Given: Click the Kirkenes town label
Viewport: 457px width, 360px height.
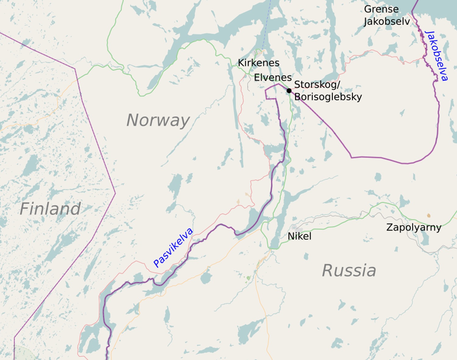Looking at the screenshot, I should coord(258,63).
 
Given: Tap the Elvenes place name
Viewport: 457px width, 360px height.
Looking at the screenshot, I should coord(273,78).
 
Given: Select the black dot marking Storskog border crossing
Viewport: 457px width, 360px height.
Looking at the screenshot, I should coord(289,91).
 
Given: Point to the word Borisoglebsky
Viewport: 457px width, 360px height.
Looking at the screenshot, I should coord(328,97).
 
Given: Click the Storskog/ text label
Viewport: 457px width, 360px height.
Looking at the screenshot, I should coord(317,84).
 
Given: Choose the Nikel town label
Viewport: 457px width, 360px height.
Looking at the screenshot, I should coord(299,236).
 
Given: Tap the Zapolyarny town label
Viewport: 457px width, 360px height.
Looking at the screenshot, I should coord(413,227).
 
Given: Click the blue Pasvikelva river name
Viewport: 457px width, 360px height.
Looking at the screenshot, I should coord(173,248).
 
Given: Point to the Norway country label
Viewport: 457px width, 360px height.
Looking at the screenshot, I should coord(158,120).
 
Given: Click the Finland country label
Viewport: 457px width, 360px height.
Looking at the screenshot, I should coord(50,209).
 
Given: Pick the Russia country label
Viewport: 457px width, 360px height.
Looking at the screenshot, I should coord(349,271).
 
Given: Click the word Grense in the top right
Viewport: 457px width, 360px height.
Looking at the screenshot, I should coord(381,9).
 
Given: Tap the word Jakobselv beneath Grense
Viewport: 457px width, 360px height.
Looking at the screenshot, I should coord(386,22).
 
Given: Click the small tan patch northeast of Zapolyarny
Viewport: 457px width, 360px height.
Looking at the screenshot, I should coord(429,216).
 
